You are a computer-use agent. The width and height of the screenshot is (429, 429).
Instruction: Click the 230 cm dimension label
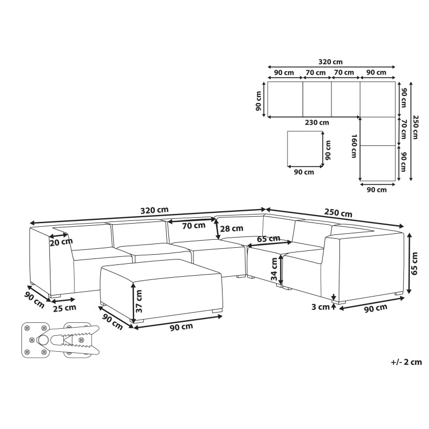pos(317,123)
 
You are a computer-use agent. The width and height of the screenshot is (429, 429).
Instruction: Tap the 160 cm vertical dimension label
pos(354,146)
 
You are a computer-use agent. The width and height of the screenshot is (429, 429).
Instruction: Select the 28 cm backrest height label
pos(232,228)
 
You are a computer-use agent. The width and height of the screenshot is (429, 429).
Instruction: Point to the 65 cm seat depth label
pos(269,239)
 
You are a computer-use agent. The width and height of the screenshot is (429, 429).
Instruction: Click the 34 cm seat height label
pos(274,269)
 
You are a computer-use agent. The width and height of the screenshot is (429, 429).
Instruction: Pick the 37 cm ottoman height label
pos(139,301)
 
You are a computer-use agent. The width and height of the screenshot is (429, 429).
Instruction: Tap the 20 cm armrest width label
pos(61,242)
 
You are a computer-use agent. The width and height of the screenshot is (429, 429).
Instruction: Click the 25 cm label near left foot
pos(64,308)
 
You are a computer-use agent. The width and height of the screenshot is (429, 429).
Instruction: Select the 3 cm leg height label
pos(321,307)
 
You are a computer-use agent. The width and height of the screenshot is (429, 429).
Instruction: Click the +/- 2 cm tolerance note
pos(406,362)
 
